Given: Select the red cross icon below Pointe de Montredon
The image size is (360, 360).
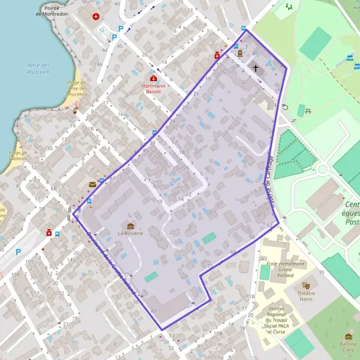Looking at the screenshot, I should (95, 16).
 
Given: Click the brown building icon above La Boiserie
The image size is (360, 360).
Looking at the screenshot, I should (130, 225).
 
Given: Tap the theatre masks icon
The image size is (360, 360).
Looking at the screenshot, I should (307, 286).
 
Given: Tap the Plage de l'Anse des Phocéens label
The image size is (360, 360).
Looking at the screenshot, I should (76, 89).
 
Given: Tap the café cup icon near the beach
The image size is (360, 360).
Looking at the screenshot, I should (76, 110).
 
